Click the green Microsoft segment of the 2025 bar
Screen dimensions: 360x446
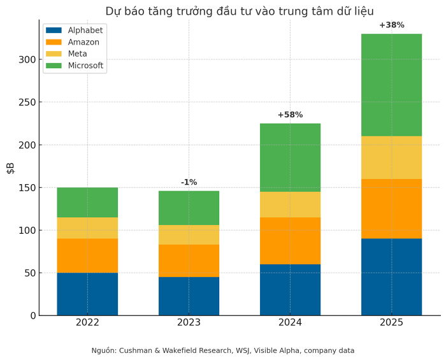(x=391, y=85)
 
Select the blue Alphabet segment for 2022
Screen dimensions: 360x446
(x=87, y=294)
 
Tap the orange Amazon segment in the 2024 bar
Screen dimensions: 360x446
(x=290, y=240)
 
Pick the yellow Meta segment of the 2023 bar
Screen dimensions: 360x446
(x=189, y=234)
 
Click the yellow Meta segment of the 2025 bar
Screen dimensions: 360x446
(x=391, y=157)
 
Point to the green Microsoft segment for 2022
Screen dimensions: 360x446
(x=87, y=202)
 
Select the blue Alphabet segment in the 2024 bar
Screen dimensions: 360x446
(x=290, y=289)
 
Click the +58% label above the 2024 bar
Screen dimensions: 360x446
(x=290, y=115)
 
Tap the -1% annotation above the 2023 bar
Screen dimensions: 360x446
(x=189, y=182)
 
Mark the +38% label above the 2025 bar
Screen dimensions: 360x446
(x=391, y=25)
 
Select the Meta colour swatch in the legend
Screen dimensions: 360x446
(x=54, y=54)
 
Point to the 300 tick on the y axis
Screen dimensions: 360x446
(x=26, y=59)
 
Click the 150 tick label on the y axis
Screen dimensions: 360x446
(x=26, y=187)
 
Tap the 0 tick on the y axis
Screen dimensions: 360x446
(x=32, y=315)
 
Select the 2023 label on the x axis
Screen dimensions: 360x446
(x=189, y=322)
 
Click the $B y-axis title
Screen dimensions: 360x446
(x=10, y=168)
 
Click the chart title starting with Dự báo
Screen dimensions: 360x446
(x=239, y=11)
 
